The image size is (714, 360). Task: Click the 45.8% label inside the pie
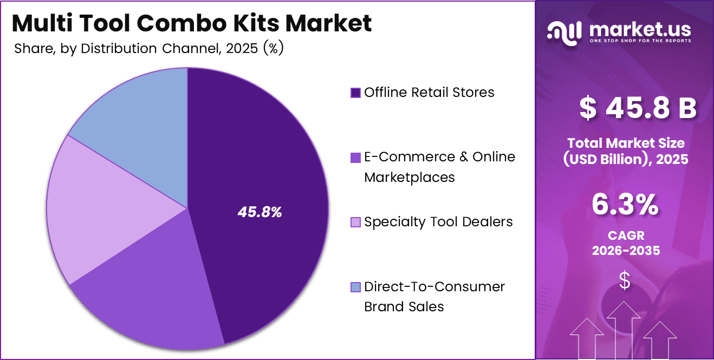[x=259, y=212]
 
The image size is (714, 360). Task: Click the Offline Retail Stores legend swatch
[x=355, y=93]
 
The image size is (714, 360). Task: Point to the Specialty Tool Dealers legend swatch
[x=355, y=222]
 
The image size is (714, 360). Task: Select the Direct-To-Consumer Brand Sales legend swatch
[x=355, y=287]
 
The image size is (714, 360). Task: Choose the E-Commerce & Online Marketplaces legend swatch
[x=355, y=158]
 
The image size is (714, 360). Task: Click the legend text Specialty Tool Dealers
[x=438, y=221]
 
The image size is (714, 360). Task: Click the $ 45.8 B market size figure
[x=638, y=108]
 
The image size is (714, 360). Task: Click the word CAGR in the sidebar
[x=626, y=237]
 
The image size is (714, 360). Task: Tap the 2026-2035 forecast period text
[x=626, y=251]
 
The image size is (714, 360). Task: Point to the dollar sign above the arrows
[x=625, y=280]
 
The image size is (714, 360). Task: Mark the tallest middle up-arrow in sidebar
[x=625, y=330]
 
